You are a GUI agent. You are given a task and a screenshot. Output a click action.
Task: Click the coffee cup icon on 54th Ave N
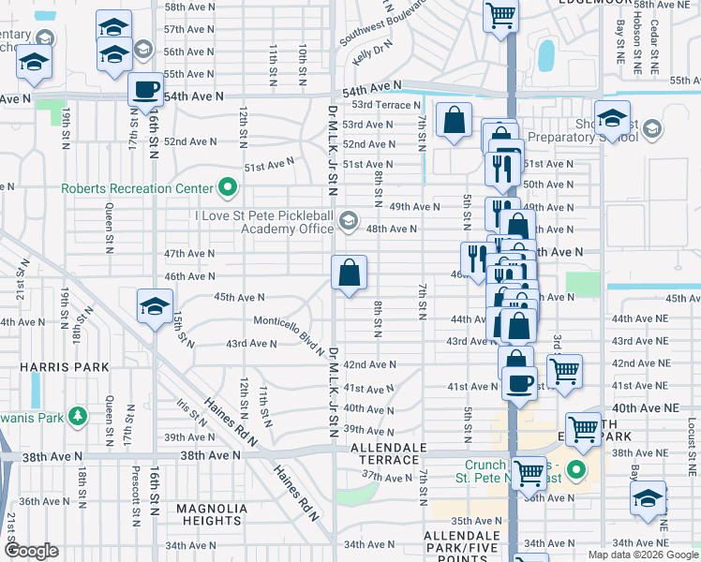tap(144, 90)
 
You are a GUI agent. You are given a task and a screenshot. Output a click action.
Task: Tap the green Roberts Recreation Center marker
tap(226, 188)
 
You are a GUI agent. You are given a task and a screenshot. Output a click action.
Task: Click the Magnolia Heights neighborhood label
tap(212, 514)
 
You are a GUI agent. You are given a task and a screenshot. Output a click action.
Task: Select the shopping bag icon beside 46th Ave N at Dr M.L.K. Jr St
tap(349, 274)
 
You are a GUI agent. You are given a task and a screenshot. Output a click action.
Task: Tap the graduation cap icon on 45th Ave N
tap(155, 306)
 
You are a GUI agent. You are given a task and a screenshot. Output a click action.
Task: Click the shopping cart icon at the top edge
tap(501, 15)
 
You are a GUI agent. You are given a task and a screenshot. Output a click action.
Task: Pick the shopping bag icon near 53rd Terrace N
tap(454, 120)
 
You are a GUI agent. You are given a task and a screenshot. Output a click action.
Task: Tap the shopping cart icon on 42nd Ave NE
tap(564, 371)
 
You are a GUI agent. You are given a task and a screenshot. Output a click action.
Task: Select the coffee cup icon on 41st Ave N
tap(519, 382)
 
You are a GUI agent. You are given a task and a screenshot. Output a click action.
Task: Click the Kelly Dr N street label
tap(372, 52)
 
